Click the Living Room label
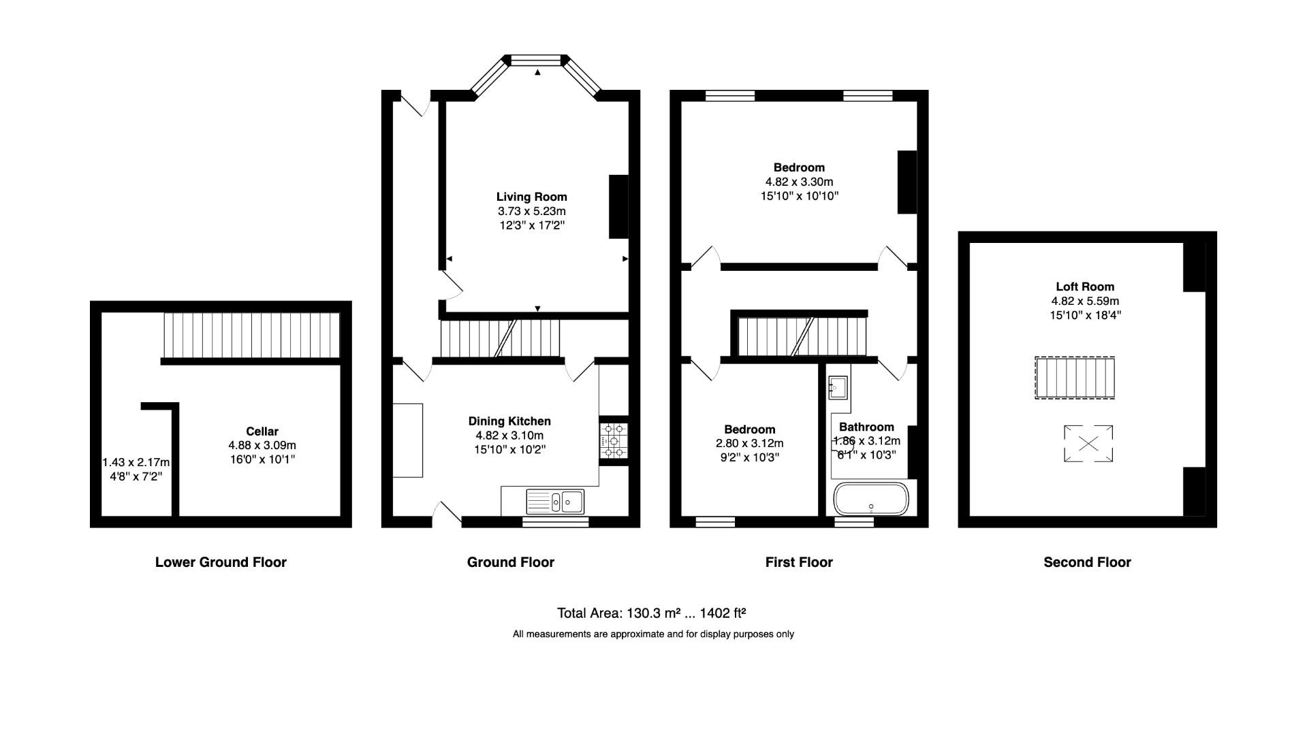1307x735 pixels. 531,197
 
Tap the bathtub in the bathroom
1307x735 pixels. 871,499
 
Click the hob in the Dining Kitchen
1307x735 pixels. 613,440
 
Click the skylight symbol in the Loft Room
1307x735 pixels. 1088,444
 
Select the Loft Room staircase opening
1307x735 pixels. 1075,378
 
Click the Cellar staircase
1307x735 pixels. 251,335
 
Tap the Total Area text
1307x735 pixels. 652,613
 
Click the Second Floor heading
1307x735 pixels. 1087,562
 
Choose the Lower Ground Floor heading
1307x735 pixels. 221,562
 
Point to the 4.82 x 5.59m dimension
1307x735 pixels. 1085,301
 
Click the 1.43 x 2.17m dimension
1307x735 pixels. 136,463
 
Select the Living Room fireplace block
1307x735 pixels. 618,207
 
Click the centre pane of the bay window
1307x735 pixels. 537,61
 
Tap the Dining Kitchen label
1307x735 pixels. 509,421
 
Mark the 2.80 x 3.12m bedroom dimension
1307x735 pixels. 749,444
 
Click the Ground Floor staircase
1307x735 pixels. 500,338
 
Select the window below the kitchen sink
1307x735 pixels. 555,522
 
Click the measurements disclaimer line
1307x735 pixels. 653,634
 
